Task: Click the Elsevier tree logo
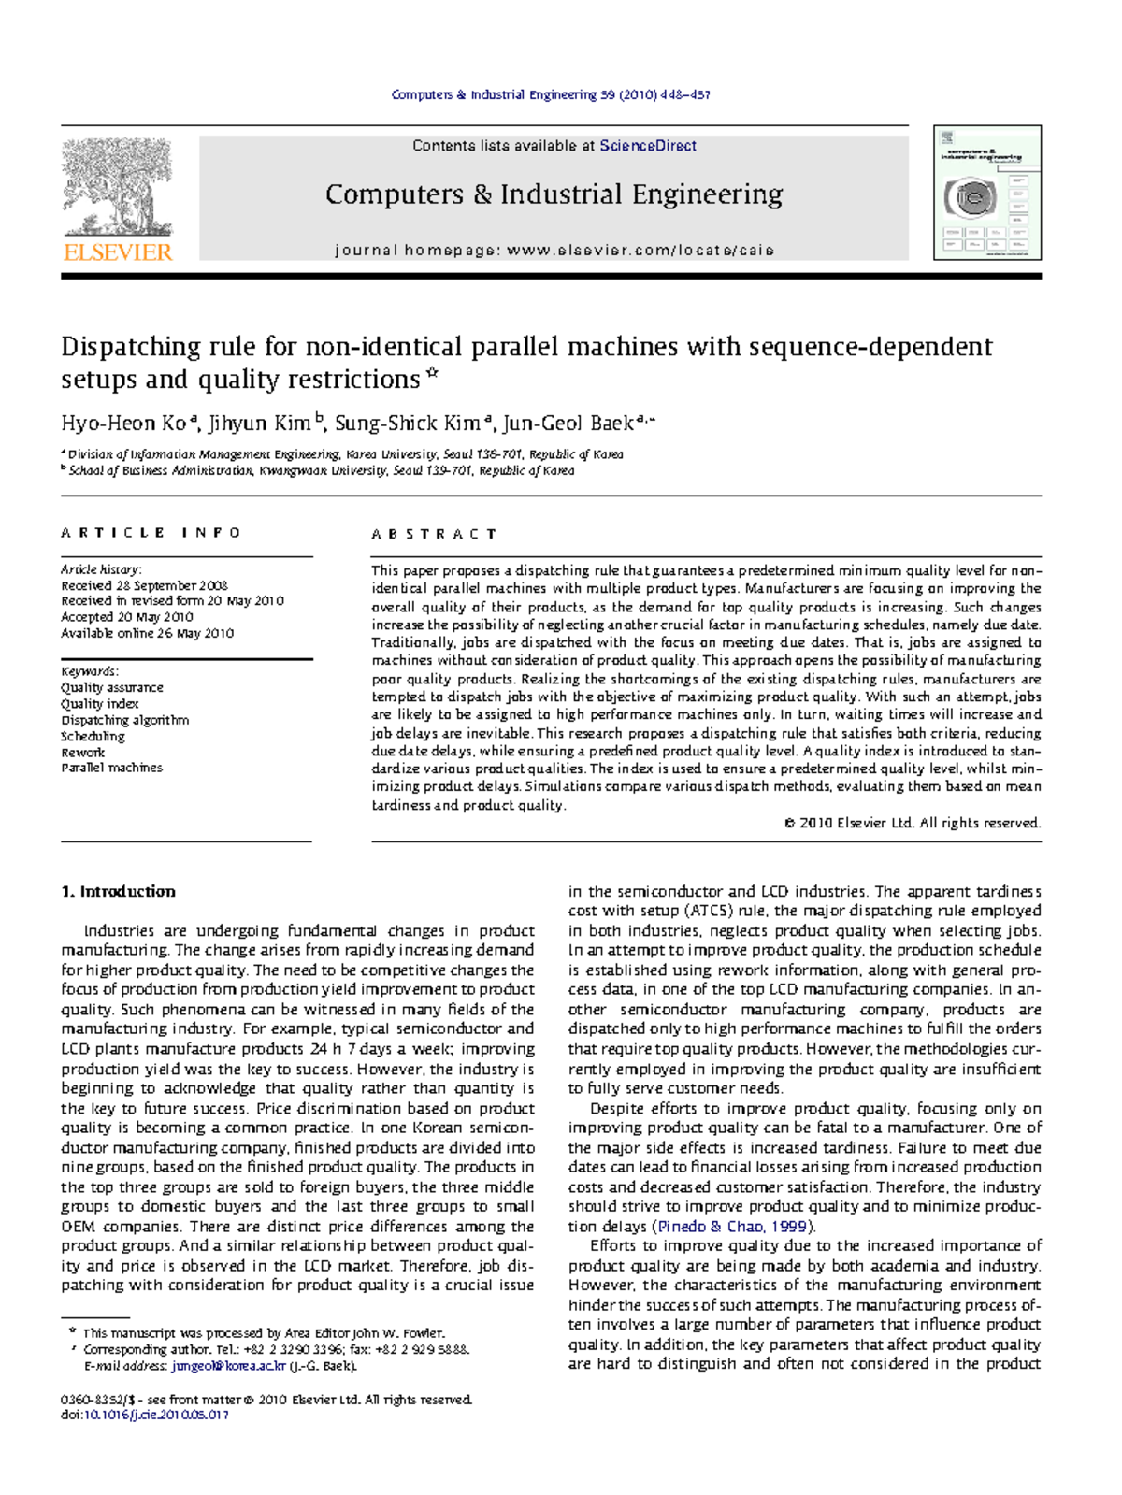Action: pyautogui.click(x=118, y=188)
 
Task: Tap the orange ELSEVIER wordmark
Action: pyautogui.click(x=118, y=252)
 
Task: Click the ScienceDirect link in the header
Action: pyautogui.click(x=648, y=146)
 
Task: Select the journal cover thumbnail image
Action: pyautogui.click(x=987, y=194)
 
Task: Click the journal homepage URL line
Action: pyautogui.click(x=554, y=251)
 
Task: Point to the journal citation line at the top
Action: pyautogui.click(x=551, y=94)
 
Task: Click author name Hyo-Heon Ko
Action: pyautogui.click(x=124, y=424)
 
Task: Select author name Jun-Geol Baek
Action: pyautogui.click(x=568, y=424)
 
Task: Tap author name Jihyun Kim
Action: pyautogui.click(x=259, y=424)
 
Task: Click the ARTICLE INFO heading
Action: pyautogui.click(x=151, y=533)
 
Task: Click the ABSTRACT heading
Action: pyautogui.click(x=434, y=534)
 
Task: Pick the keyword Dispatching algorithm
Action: pyautogui.click(x=125, y=720)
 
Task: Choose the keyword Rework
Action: pyautogui.click(x=83, y=752)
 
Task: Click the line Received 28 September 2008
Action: pyautogui.click(x=144, y=585)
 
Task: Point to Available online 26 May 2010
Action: pyautogui.click(x=147, y=633)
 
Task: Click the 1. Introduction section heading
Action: pyautogui.click(x=118, y=891)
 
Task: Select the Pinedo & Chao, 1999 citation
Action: pyautogui.click(x=732, y=1226)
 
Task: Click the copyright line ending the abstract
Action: pyautogui.click(x=912, y=823)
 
